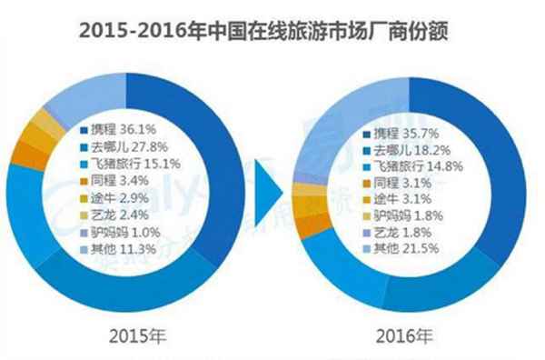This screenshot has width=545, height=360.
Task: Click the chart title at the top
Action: point(272,30)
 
